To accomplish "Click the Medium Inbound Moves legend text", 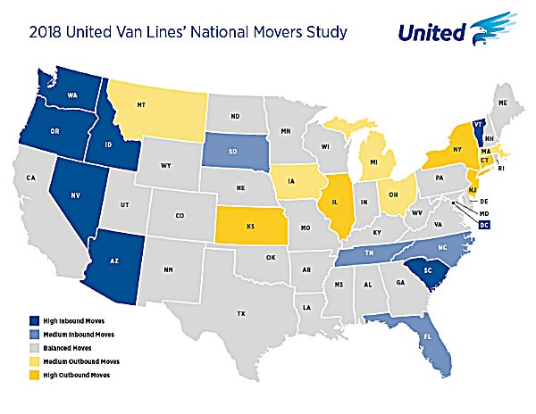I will (78, 333).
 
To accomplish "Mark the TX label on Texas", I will (240, 313).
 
